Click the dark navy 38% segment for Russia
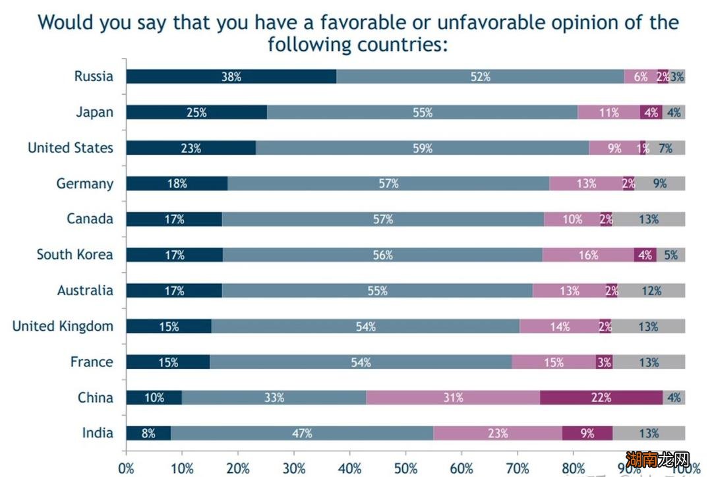pos(231,76)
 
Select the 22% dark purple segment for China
pos(601,397)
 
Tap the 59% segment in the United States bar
pos(422,148)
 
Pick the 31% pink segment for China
pos(453,397)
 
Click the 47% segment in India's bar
pos(302,433)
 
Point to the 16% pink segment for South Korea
pos(588,255)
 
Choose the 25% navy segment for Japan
pos(196,112)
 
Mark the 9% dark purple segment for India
pos(587,433)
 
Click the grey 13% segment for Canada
pos(649,219)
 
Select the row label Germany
pos(84,184)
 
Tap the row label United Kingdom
pos(63,326)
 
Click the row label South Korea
pos(74,255)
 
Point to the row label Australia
pos(85,291)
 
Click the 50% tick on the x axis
pos(405,468)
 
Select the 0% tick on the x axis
pos(126,468)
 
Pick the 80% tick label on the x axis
pos(573,468)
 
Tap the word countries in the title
pos(401,45)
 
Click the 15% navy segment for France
pos(167,362)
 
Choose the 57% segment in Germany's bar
pos(388,184)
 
